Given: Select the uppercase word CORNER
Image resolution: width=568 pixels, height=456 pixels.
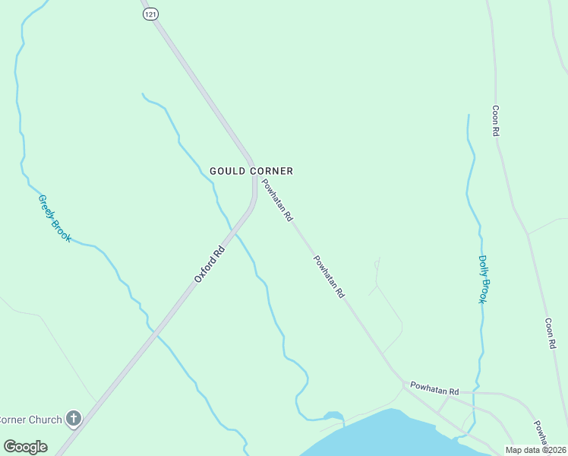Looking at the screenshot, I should click(x=271, y=171).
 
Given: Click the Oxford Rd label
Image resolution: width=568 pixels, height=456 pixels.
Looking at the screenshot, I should click(x=210, y=264).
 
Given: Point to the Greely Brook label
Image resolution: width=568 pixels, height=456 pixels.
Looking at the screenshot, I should click(x=55, y=218).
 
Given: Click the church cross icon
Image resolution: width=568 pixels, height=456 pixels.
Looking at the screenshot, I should click(x=73, y=418).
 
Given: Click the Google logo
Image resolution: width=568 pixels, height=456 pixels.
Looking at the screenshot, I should click(x=25, y=447).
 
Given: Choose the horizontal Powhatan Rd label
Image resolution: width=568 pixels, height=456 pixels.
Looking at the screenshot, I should click(x=434, y=388).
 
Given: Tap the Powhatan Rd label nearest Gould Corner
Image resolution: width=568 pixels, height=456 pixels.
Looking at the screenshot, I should click(x=277, y=199).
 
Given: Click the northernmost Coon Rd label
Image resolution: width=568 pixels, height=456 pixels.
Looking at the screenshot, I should click(x=495, y=121).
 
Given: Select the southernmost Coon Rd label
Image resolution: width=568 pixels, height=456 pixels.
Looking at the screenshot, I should click(x=551, y=333).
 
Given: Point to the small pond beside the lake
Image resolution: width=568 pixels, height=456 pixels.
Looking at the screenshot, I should click(x=333, y=415).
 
